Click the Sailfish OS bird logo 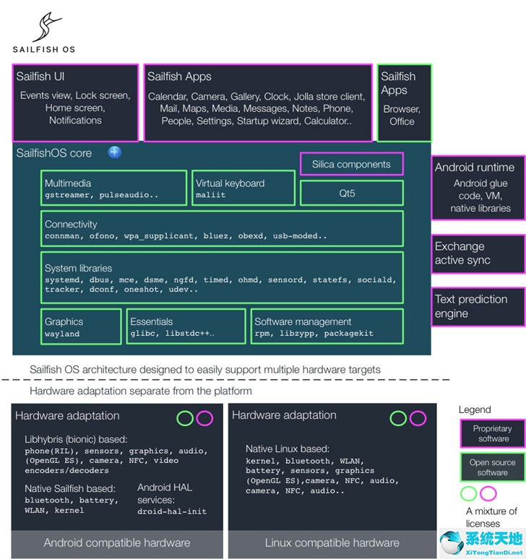46,27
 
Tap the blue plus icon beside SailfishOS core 114,152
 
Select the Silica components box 352,164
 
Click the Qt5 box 352,194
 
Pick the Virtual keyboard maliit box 243,188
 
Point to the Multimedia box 113,188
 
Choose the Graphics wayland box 81,326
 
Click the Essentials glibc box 186,326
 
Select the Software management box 327,326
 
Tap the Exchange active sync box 478,253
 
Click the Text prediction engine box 478,307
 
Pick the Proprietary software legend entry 493,433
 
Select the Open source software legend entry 493,467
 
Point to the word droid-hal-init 172,511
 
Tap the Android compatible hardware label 117,543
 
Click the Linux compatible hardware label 332,543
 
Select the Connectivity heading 71,224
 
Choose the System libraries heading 78,268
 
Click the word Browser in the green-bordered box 402,109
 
